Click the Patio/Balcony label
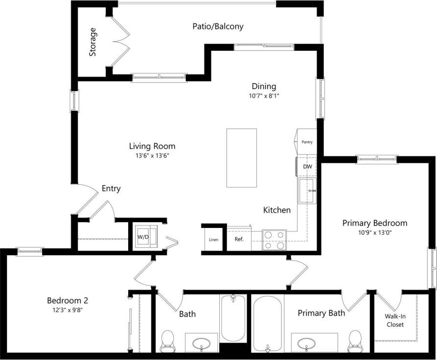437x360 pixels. click(x=218, y=26)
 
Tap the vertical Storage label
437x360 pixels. click(x=92, y=42)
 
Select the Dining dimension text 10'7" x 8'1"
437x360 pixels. click(x=264, y=96)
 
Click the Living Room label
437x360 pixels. click(x=152, y=146)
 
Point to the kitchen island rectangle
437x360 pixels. click(x=241, y=157)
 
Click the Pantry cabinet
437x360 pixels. click(x=306, y=142)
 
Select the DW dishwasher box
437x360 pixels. click(x=307, y=167)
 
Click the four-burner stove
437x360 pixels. click(x=274, y=240)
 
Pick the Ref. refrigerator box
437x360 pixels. click(x=239, y=240)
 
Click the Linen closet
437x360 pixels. click(x=213, y=240)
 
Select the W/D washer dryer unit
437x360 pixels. click(x=144, y=236)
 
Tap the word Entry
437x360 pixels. click(x=111, y=188)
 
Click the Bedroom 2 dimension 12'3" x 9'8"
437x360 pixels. click(x=68, y=310)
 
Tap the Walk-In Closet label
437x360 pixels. click(x=395, y=320)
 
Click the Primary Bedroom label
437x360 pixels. click(x=374, y=223)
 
